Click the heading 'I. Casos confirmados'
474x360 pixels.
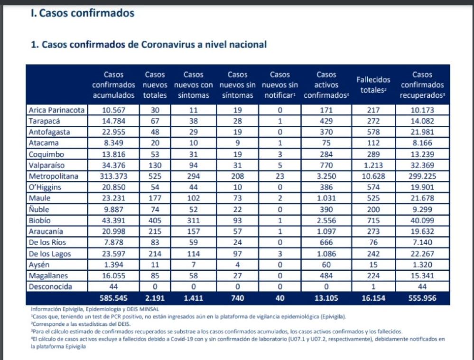[x=83, y=14]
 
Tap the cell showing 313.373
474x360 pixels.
[x=113, y=176]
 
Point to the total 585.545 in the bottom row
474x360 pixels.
[x=113, y=299]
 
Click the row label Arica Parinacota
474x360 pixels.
[x=56, y=110]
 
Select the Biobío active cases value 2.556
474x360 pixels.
[x=326, y=221]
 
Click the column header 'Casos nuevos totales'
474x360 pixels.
[x=155, y=85]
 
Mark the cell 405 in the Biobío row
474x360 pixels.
[x=155, y=221]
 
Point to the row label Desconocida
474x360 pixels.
[x=51, y=287]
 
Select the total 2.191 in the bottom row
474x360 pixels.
[x=155, y=299]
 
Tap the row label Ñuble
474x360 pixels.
[x=40, y=209]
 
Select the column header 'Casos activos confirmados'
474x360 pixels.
[x=326, y=85]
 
